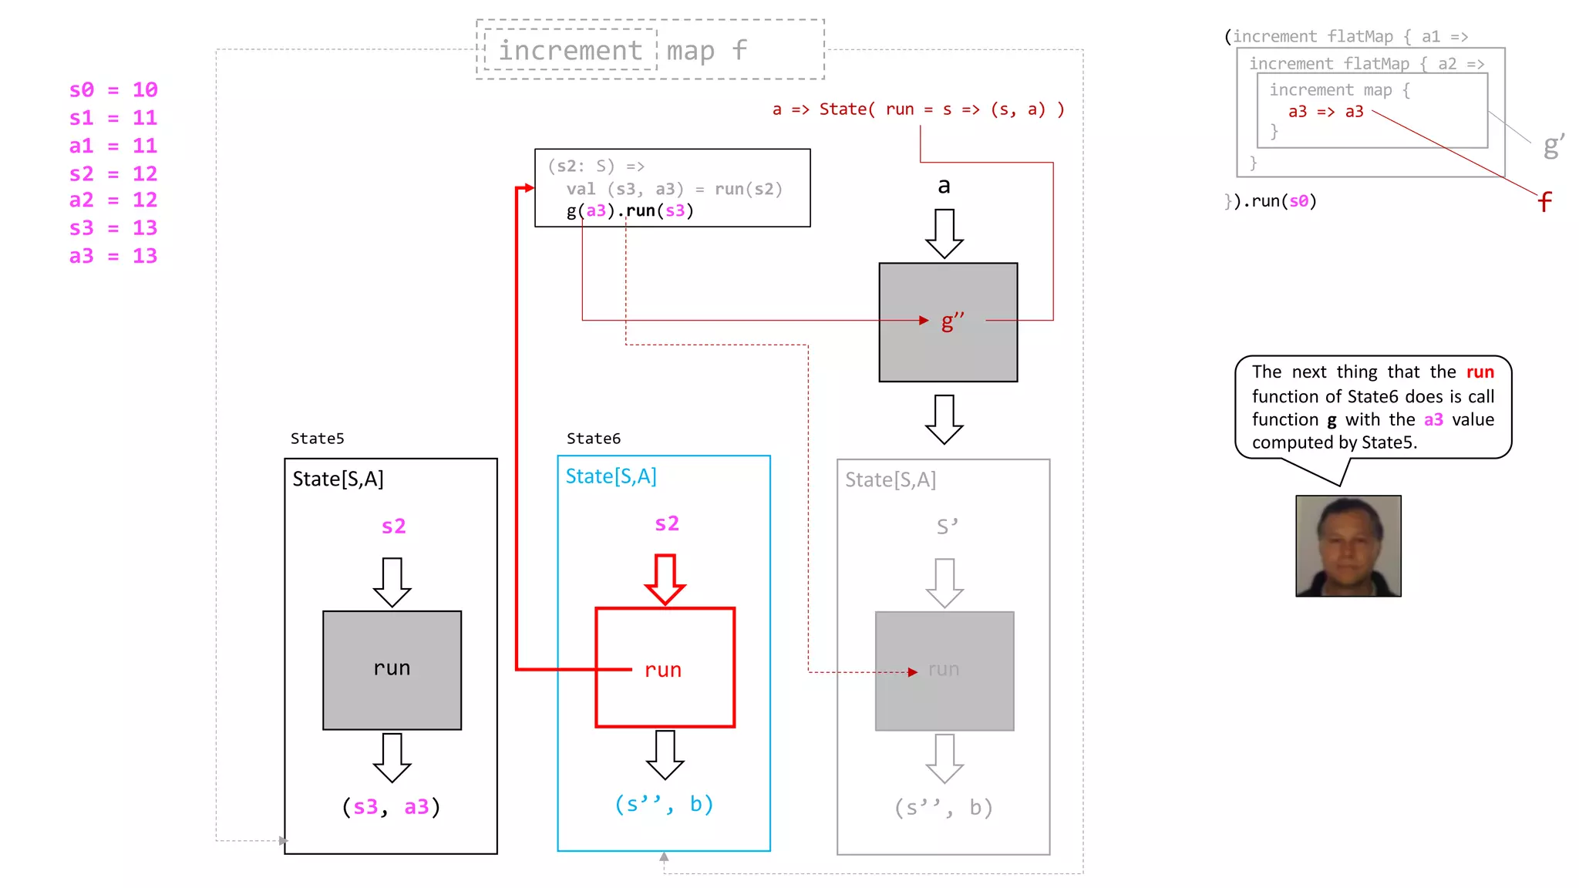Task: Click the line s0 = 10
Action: point(113,89)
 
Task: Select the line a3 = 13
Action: point(113,256)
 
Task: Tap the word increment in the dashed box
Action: point(570,50)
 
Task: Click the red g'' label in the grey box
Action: point(952,321)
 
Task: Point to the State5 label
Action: point(317,439)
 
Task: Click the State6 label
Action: point(593,439)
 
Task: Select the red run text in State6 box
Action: point(663,670)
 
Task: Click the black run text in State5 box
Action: point(392,668)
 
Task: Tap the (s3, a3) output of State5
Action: point(391,807)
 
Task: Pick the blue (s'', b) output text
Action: point(664,804)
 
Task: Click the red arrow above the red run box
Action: point(665,579)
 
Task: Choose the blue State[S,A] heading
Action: point(611,476)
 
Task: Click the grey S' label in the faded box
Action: point(947,526)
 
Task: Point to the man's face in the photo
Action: point(1348,543)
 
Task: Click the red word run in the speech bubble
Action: point(1480,372)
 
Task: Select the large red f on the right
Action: point(1544,203)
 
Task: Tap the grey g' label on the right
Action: point(1553,145)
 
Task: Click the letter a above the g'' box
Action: point(944,186)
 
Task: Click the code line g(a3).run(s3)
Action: point(630,210)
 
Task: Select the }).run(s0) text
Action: point(1271,201)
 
